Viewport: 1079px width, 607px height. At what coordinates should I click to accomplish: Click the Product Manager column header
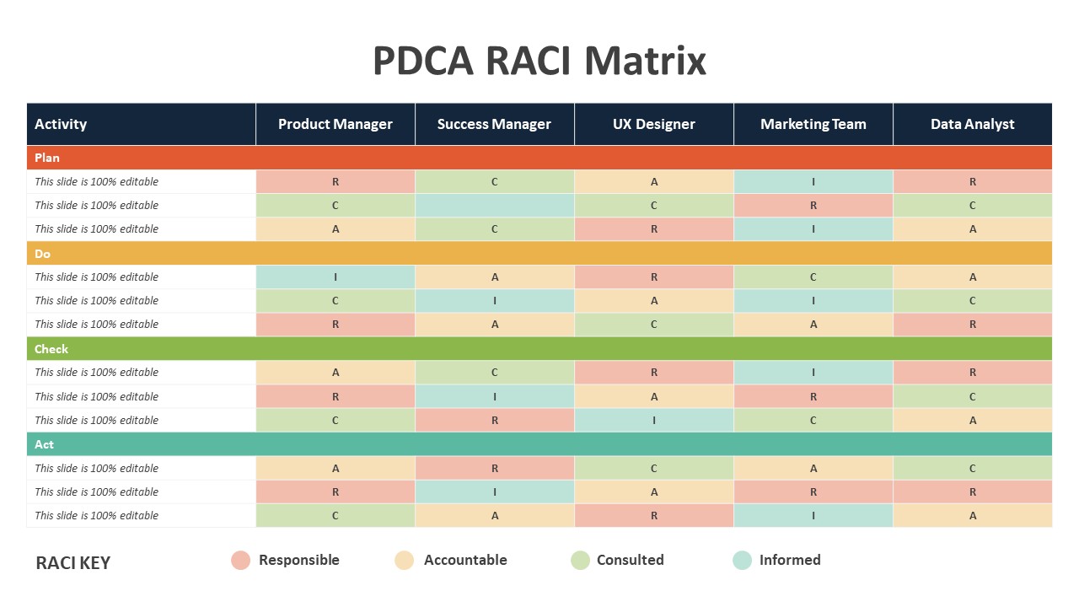[336, 124]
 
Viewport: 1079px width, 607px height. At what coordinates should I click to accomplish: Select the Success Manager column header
[494, 124]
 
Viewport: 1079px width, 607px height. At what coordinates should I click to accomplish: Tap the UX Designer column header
[653, 124]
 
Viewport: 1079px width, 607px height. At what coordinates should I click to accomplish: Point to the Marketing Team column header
[813, 124]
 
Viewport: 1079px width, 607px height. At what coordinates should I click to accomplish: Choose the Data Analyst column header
[973, 124]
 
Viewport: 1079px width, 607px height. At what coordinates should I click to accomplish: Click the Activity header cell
[141, 124]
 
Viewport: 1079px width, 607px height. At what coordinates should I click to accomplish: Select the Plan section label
[46, 158]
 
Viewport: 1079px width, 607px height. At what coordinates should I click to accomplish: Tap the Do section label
[42, 254]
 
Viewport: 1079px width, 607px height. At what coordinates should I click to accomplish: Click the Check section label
[51, 349]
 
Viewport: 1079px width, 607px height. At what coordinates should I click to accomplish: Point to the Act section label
[44, 444]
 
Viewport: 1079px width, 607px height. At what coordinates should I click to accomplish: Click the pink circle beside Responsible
[240, 561]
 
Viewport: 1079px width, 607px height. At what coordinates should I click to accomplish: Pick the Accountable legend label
[465, 560]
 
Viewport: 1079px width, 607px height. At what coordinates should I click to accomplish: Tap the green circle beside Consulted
[580, 561]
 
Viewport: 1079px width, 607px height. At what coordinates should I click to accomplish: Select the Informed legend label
[790, 560]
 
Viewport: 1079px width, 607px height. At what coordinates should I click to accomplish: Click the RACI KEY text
[73, 562]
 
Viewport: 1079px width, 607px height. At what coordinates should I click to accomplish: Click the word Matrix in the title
[645, 61]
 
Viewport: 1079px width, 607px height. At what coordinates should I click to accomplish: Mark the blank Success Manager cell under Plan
[495, 205]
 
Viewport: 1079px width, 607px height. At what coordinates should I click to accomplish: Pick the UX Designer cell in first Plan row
[654, 181]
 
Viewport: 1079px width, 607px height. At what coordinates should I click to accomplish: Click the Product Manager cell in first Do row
[336, 277]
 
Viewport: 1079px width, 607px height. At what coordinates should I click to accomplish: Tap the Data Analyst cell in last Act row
[973, 515]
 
